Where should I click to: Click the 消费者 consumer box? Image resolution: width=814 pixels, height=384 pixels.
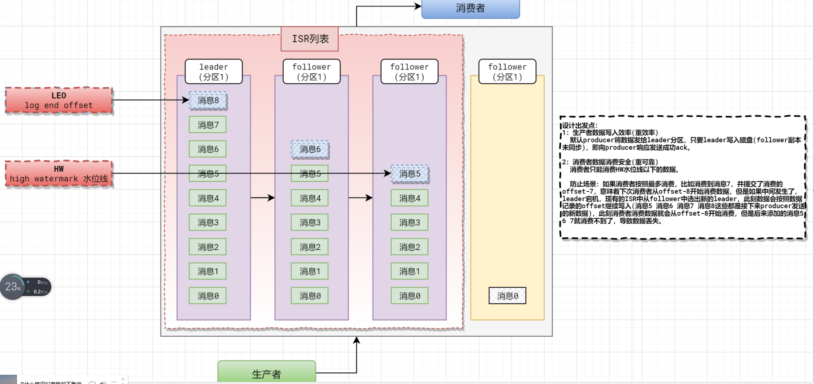tap(470, 8)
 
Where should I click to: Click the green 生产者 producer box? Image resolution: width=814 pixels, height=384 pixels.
tap(267, 373)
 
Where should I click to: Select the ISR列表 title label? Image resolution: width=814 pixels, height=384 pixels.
tap(310, 39)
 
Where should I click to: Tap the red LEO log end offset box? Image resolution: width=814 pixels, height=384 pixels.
tap(59, 100)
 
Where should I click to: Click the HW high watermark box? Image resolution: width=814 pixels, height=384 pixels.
tap(59, 174)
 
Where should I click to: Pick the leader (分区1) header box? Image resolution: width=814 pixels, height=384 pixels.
tap(214, 72)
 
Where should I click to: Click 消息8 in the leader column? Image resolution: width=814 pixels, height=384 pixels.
tap(208, 101)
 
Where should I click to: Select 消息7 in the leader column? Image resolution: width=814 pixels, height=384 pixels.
tap(208, 125)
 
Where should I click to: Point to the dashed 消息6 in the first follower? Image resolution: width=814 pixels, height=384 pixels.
tap(310, 149)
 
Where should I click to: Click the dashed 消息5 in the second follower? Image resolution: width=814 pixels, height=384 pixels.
tap(410, 174)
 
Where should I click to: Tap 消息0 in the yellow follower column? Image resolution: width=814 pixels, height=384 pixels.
tap(507, 296)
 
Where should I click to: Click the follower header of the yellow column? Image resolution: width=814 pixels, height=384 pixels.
tap(507, 72)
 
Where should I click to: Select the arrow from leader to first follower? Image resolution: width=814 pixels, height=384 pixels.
tap(262, 198)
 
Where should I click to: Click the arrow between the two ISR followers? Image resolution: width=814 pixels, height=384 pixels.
tap(360, 198)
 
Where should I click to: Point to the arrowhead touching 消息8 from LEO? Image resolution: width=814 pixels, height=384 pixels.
tap(186, 100)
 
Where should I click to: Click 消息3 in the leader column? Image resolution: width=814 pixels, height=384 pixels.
tap(208, 223)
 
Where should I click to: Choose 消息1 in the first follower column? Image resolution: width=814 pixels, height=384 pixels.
tap(310, 272)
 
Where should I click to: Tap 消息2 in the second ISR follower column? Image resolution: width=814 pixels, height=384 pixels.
tap(410, 247)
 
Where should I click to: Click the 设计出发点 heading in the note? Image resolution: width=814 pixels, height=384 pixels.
tap(580, 125)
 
